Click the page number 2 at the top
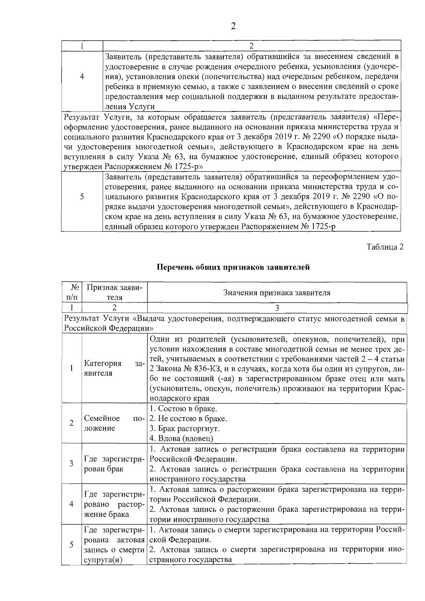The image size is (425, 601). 233,26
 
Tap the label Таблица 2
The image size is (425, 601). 385,247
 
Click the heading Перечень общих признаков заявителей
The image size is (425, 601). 233,267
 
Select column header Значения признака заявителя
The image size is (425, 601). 277,293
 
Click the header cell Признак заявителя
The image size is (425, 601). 114,293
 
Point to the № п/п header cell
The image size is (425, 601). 72,293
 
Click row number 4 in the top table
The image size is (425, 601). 82,76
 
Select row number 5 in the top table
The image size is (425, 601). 82,197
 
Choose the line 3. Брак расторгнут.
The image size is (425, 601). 185,429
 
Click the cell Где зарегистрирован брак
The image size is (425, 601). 114,464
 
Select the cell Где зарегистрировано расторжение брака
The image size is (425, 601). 114,504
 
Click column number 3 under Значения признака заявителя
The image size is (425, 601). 277,308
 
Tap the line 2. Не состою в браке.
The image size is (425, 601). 188,419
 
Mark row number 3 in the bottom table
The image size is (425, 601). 72,464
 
